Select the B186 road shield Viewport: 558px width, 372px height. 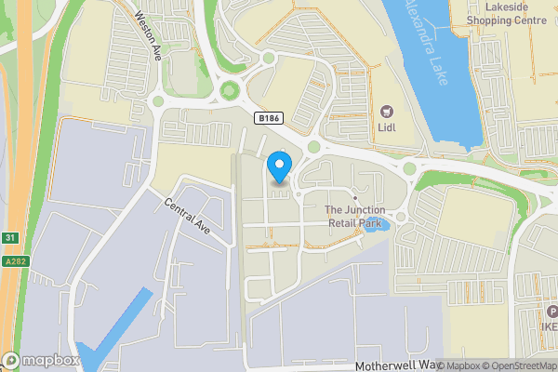coord(268,118)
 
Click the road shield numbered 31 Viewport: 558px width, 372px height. coord(8,239)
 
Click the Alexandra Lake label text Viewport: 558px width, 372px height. coord(427,42)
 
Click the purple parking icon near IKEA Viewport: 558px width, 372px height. coord(551,312)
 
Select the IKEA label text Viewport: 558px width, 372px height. coord(550,327)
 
